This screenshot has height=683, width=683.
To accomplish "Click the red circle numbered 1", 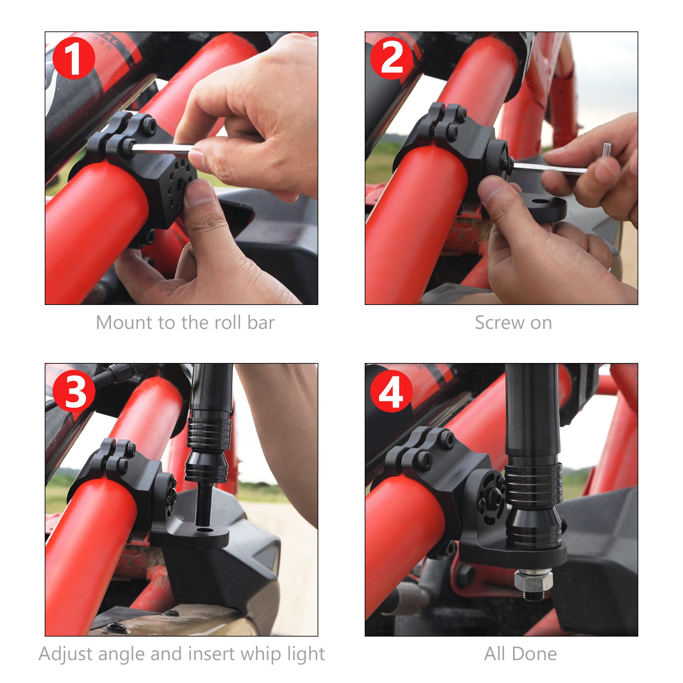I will (73, 58).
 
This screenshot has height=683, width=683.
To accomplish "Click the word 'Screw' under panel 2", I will (495, 323).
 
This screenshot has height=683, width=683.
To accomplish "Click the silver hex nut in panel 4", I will (533, 582).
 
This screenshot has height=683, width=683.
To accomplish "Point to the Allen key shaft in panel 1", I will (161, 149).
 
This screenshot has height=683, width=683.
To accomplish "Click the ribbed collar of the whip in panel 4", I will (533, 483).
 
